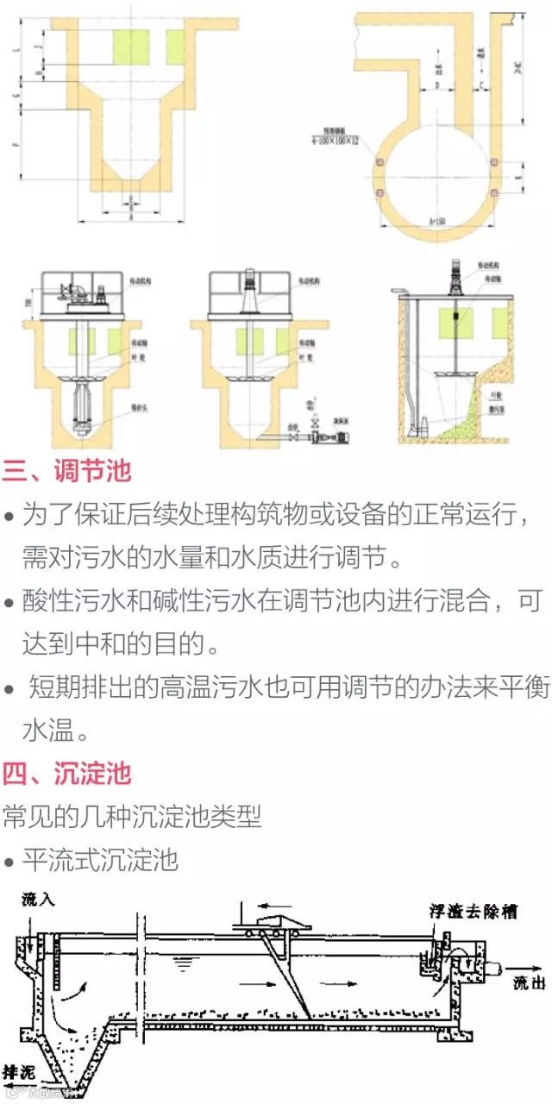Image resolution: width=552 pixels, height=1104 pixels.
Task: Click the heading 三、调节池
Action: [x=66, y=472]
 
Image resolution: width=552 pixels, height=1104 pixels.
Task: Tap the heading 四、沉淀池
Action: [x=66, y=772]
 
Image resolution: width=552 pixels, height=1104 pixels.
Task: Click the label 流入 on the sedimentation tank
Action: [x=35, y=900]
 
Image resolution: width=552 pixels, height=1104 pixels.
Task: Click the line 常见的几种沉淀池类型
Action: [x=131, y=816]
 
